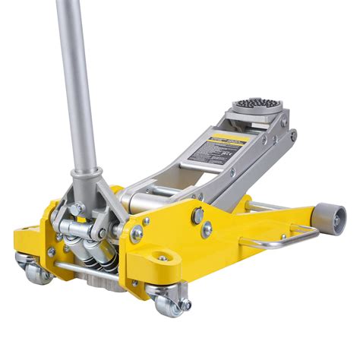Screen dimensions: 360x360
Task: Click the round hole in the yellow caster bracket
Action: [162, 259]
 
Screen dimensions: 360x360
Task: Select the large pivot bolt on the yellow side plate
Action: [197, 216]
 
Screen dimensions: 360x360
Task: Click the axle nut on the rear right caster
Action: [185, 305]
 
